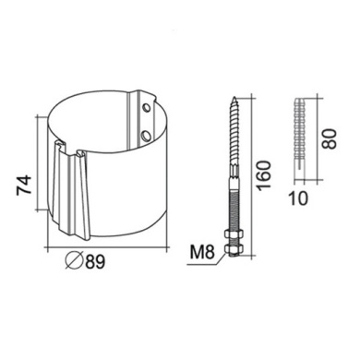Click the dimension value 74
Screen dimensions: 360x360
24,185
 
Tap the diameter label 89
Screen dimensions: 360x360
95,262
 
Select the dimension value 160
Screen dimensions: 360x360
265,175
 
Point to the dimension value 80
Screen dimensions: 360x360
330,139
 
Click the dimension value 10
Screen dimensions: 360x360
298,198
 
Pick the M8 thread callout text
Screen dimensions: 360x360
202,253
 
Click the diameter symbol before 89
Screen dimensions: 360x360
74,261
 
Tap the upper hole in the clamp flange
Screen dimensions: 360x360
147,108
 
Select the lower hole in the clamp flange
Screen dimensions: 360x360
146,135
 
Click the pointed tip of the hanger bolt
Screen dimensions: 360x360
234,97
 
